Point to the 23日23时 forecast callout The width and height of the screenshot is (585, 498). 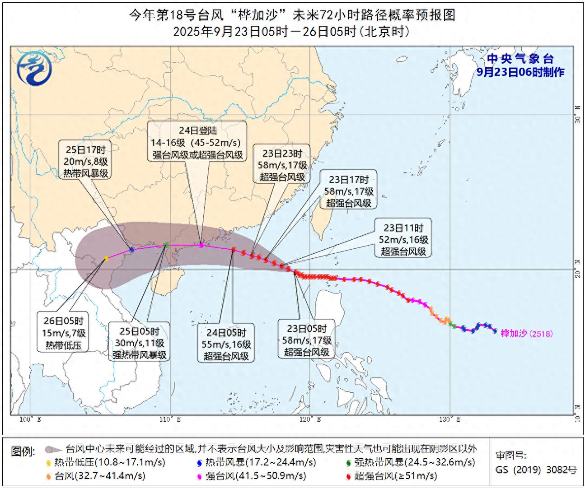point(282,165)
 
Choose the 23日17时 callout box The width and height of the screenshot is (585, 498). point(349,191)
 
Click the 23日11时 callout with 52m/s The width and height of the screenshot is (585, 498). point(403,240)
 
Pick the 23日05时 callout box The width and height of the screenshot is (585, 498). point(307,340)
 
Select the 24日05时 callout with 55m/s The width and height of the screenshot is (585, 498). point(226,344)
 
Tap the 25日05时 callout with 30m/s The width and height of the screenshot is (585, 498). point(139,344)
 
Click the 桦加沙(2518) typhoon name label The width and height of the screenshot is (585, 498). point(526,334)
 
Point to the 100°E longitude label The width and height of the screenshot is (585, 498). point(30,419)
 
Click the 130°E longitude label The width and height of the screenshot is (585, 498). point(450,419)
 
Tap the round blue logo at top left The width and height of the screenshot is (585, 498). point(34,69)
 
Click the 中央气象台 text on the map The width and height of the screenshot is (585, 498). point(520,59)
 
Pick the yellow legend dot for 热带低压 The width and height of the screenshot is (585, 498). point(49,463)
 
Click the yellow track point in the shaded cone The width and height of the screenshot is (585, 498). point(107,259)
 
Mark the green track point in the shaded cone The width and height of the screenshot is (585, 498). point(166,245)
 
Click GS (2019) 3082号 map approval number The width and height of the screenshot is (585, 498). point(536,470)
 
